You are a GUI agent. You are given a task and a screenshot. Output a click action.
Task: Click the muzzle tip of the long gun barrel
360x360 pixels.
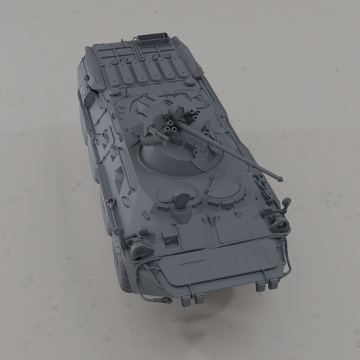(283, 177)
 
